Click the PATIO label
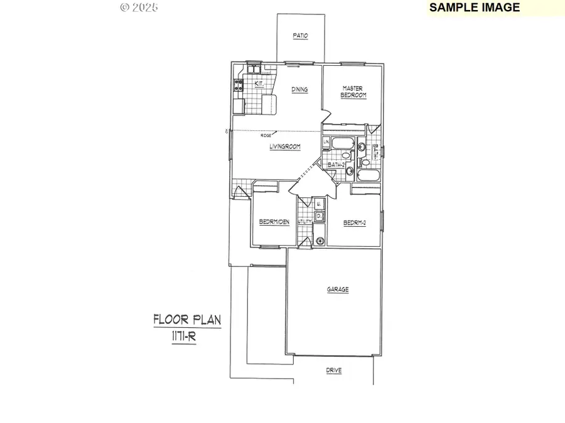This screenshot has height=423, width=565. (x=300, y=36)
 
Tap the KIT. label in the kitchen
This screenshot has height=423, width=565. (x=259, y=83)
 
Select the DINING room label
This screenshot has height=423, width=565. (x=299, y=90)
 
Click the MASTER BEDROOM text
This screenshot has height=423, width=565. (x=353, y=91)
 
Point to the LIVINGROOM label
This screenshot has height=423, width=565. (x=285, y=147)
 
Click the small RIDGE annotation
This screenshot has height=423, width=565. (x=266, y=135)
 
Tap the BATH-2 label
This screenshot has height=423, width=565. (x=336, y=164)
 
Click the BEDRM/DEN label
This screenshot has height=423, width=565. (x=274, y=222)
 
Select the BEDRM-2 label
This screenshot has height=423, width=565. (x=355, y=222)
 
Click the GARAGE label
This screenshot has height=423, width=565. (x=337, y=290)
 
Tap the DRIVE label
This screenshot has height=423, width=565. (x=334, y=371)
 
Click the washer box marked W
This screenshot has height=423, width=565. (x=319, y=204)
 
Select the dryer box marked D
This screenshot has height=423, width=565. (x=319, y=216)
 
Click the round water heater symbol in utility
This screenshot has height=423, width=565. (x=320, y=240)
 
